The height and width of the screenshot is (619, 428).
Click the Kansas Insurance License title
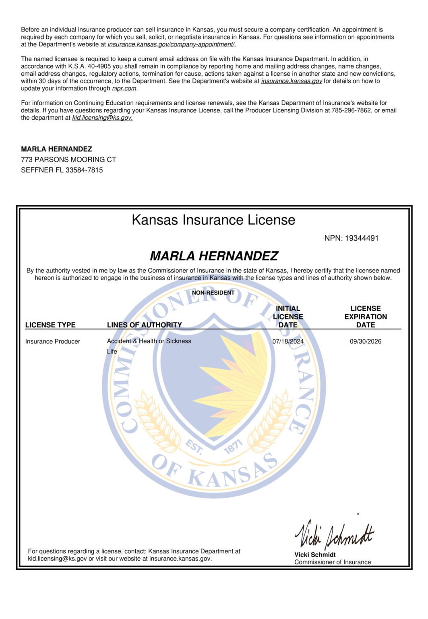click(213, 220)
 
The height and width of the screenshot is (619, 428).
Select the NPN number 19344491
click(362, 238)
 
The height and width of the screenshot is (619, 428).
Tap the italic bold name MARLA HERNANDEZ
click(214, 256)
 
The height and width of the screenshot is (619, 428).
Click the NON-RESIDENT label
click(213, 293)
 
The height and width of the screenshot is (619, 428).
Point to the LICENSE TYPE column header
click(50, 325)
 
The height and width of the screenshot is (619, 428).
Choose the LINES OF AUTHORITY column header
click(144, 325)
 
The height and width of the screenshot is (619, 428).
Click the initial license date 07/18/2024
click(288, 341)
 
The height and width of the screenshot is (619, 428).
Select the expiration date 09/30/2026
click(365, 341)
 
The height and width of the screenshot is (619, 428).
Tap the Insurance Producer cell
click(52, 341)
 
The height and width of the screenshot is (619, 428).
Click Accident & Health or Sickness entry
click(149, 341)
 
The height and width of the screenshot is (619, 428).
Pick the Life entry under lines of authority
click(112, 351)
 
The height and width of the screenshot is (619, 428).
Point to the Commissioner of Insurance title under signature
click(333, 562)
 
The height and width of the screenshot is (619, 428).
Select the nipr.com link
click(124, 89)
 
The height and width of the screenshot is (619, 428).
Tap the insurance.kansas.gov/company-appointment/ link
click(172, 44)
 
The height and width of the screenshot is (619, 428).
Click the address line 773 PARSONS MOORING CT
click(68, 160)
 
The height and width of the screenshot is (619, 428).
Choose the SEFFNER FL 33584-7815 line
click(62, 170)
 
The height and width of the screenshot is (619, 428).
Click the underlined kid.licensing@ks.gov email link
click(102, 118)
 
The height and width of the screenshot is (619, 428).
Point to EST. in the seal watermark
click(194, 447)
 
